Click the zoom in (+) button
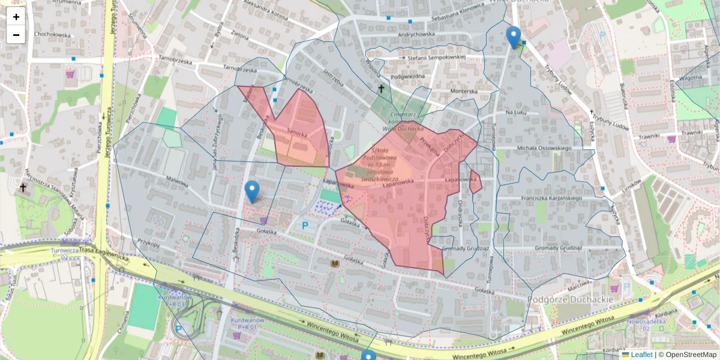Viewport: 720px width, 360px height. [16, 17]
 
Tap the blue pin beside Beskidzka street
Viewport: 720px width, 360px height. [252, 191]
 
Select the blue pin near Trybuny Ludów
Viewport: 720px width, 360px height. [514, 37]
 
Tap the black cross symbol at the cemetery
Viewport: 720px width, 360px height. [380, 89]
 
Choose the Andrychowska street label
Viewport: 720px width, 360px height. [412, 34]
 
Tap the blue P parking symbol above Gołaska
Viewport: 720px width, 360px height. [305, 226]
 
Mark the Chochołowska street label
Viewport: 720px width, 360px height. [53, 34]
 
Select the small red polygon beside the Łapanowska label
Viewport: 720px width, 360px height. [475, 182]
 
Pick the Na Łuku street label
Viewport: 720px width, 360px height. [515, 112]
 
